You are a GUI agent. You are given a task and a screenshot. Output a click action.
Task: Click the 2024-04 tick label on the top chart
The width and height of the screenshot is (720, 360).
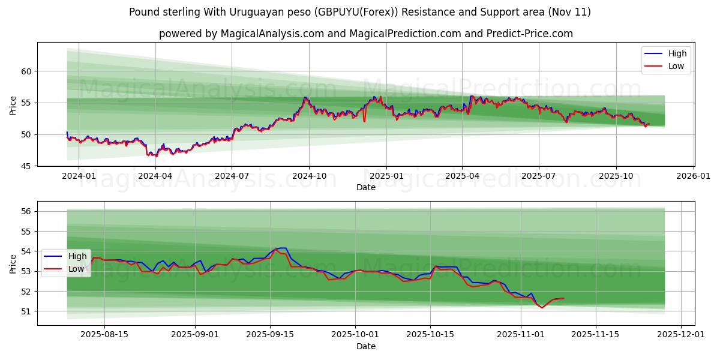155,176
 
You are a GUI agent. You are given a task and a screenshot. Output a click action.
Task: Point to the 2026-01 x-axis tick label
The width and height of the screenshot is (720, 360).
693,176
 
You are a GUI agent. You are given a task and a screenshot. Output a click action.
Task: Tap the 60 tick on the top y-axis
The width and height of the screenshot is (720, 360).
26,71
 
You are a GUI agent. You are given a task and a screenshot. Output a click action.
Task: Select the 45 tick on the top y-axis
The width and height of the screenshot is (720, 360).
26,166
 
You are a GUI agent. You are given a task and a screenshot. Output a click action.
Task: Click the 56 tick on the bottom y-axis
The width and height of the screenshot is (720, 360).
26,211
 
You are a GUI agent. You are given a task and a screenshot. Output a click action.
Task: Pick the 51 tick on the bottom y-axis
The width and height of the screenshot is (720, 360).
26,311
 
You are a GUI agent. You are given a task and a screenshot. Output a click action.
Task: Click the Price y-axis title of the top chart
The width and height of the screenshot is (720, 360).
13,106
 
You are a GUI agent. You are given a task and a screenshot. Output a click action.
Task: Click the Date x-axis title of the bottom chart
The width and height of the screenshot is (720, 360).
366,346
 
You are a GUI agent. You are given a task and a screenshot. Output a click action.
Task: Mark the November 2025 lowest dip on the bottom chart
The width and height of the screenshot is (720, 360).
542,308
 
